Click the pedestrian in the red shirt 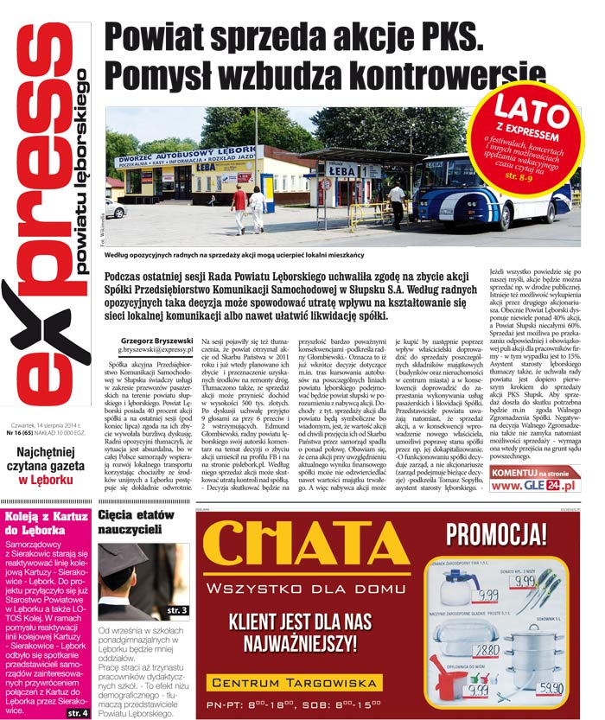coord(239,207)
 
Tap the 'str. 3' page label coord(176,610)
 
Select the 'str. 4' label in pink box coord(77,712)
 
